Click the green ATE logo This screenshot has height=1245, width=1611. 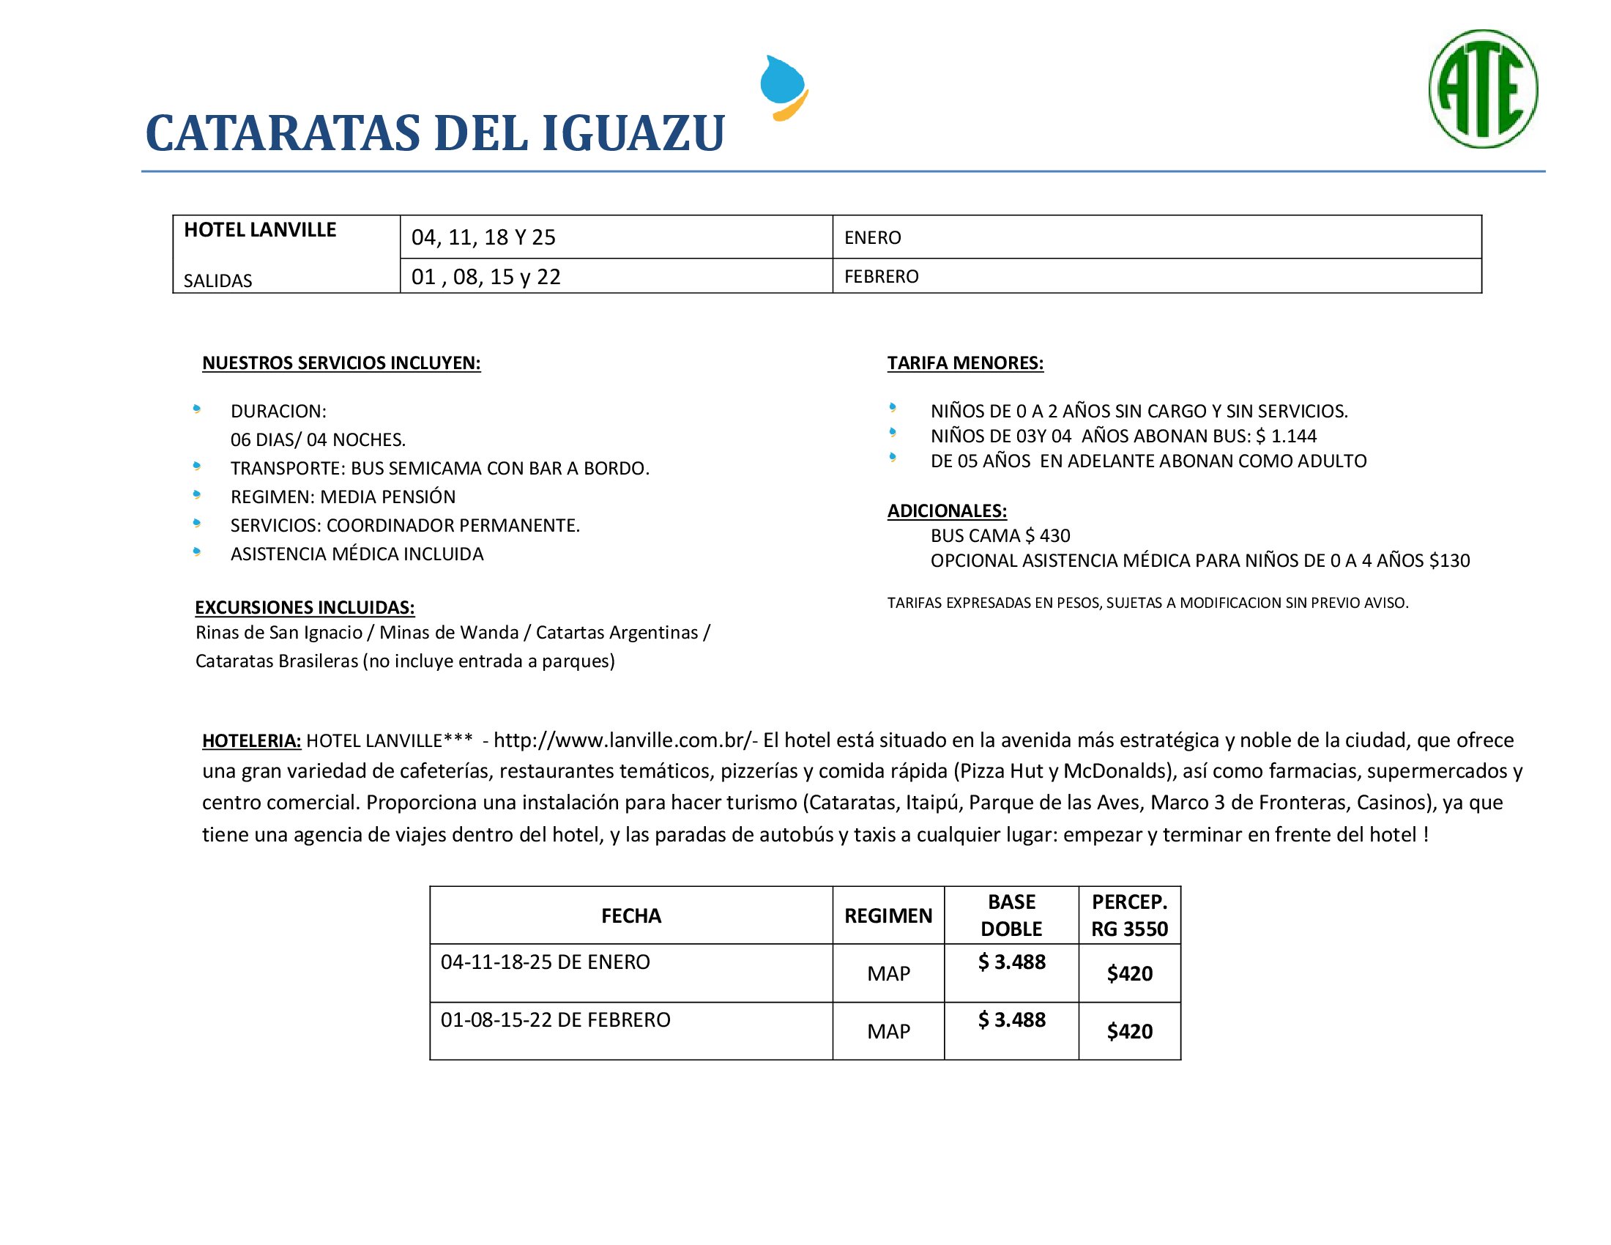1483,89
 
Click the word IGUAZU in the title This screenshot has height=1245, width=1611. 633,133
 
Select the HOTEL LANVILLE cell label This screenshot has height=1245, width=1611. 260,230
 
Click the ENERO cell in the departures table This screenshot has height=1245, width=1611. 873,237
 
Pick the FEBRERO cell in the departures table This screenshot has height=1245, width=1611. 882,277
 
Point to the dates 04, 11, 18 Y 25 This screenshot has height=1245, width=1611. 483,237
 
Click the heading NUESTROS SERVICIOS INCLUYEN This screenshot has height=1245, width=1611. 341,363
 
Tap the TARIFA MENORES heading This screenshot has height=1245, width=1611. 965,363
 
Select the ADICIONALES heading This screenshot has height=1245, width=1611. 946,510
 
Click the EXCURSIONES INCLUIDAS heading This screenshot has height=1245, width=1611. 305,607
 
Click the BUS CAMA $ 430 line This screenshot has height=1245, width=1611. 1000,535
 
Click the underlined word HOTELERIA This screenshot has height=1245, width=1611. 251,740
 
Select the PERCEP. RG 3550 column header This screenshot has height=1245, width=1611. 1129,915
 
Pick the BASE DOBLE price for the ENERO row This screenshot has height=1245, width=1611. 1011,962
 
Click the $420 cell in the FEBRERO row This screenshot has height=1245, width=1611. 1129,1031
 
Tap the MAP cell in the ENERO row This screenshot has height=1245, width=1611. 888,973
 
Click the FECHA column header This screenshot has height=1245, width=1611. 630,916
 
